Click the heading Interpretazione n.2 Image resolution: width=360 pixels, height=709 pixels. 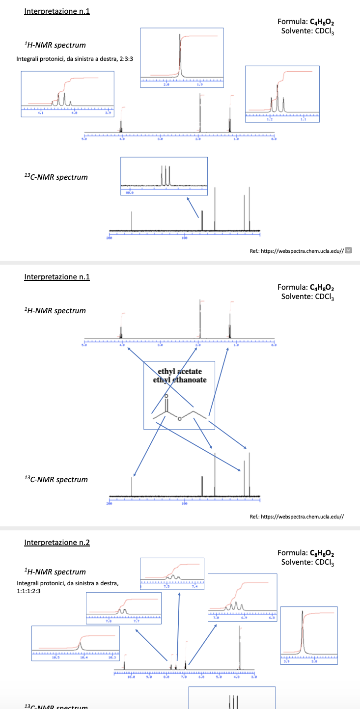(x=57, y=543)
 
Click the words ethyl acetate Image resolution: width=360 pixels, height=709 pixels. (x=180, y=371)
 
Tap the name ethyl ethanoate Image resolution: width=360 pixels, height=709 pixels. (x=180, y=380)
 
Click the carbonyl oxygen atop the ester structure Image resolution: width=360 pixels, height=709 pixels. (x=166, y=396)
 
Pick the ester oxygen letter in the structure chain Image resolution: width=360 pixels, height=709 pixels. (x=180, y=418)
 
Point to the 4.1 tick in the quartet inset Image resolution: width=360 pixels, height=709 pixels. (x=40, y=112)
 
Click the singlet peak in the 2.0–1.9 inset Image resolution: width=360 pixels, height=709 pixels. (x=180, y=56)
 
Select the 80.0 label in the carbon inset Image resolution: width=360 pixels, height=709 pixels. (x=130, y=192)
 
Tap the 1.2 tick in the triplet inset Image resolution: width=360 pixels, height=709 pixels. (x=270, y=119)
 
